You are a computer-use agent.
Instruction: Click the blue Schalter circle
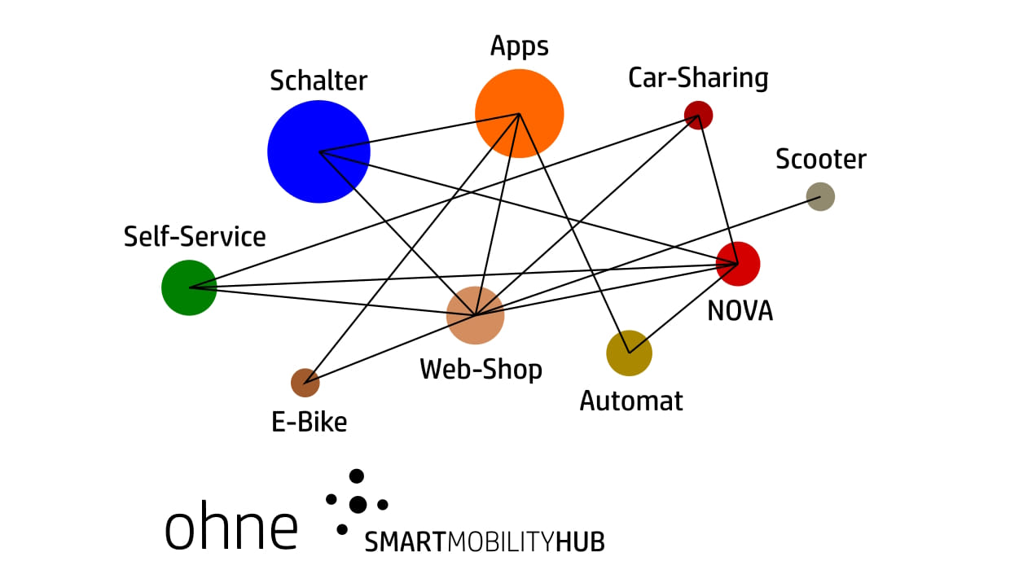pos(318,151)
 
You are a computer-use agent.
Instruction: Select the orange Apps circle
pos(520,113)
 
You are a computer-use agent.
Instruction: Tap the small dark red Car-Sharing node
pos(698,115)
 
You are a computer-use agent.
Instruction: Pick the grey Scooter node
pos(820,196)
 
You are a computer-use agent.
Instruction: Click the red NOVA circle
pos(738,264)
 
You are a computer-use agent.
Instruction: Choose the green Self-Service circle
pos(189,287)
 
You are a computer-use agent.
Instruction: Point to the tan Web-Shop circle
pos(476,315)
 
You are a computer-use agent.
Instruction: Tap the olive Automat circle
pos(630,353)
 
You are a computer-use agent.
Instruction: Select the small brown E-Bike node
pos(305,382)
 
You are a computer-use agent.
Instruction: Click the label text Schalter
pos(318,81)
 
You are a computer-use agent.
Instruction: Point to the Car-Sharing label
pos(698,78)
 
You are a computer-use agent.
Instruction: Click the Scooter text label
pos(820,159)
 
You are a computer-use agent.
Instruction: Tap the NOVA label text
pos(740,310)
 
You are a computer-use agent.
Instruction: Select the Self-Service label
pos(195,237)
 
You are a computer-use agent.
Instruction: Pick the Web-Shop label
pos(481,370)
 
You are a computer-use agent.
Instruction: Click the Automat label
pos(631,401)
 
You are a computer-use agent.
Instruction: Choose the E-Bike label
pos(309,422)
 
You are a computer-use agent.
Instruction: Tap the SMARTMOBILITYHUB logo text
pos(485,541)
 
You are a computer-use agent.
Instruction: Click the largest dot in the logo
pos(358,505)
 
